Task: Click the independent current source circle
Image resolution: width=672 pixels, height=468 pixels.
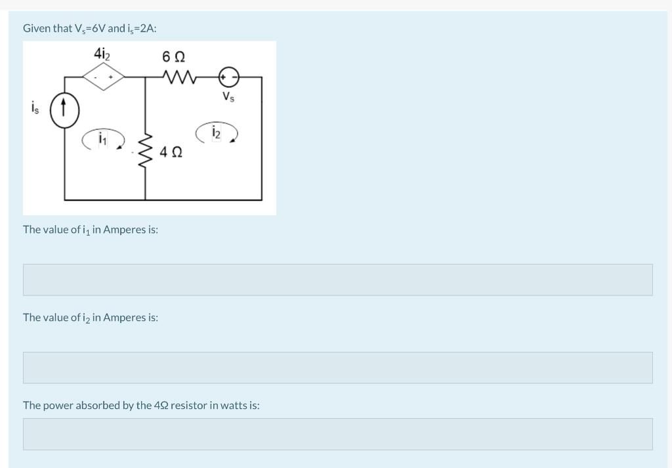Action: click(64, 107)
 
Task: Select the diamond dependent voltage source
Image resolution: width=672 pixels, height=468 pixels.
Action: click(104, 77)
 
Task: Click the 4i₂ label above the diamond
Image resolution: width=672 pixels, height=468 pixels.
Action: click(102, 53)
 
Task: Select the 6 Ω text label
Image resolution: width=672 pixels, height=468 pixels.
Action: click(173, 56)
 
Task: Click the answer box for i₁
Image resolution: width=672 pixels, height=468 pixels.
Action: click(337, 280)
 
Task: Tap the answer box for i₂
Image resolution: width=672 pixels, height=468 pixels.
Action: click(337, 368)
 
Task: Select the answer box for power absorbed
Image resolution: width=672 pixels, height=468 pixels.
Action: click(337, 434)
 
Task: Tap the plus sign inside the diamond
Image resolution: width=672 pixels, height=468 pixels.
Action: click(112, 78)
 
